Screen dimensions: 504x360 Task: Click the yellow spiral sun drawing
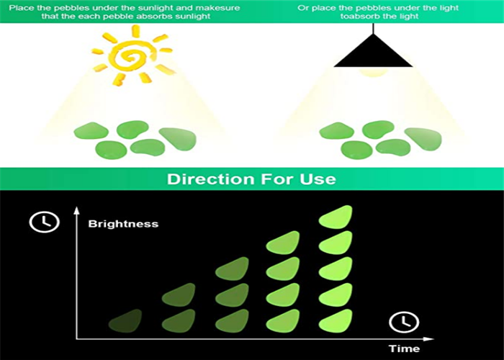pyautogui.click(x=132, y=56)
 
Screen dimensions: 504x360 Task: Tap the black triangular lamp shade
pyautogui.click(x=373, y=51)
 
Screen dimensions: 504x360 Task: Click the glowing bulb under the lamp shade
pyautogui.click(x=373, y=71)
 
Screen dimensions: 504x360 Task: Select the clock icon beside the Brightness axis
pyautogui.click(x=45, y=222)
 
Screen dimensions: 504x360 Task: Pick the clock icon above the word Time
pyautogui.click(x=404, y=322)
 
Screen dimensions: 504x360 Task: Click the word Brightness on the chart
pyautogui.click(x=123, y=224)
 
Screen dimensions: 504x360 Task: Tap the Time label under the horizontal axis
pyautogui.click(x=404, y=348)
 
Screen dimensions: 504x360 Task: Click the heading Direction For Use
pyautogui.click(x=251, y=179)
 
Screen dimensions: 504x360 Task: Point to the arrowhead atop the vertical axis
pyautogui.click(x=76, y=210)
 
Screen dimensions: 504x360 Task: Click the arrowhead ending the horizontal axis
pyautogui.click(x=429, y=339)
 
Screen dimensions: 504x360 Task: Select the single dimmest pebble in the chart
pyautogui.click(x=125, y=321)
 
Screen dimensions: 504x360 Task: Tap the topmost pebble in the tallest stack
pyautogui.click(x=336, y=217)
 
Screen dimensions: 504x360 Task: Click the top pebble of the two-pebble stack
pyautogui.click(x=179, y=294)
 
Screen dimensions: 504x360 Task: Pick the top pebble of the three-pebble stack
pyautogui.click(x=232, y=269)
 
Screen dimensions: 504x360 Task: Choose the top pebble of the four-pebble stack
pyautogui.click(x=283, y=243)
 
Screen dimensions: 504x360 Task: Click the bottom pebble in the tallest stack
pyautogui.click(x=336, y=321)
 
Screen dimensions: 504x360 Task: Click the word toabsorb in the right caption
pyautogui.click(x=357, y=17)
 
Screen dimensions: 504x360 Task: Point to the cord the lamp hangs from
pyautogui.click(x=373, y=29)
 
